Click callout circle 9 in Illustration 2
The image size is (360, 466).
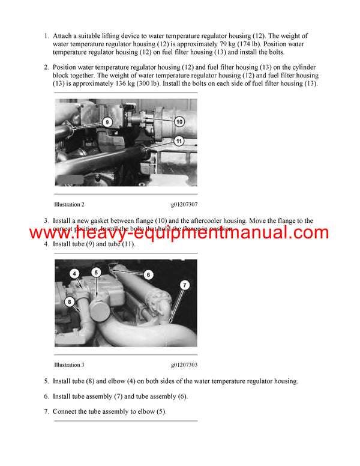click(107, 122)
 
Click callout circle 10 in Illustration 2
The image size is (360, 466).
click(179, 121)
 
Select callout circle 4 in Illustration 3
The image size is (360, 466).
click(74, 273)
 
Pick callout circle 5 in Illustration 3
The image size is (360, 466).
click(95, 273)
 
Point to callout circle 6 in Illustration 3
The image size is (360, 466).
click(148, 274)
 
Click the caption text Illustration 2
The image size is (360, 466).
click(69, 205)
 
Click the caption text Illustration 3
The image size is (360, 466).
click(69, 365)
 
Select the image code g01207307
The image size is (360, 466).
click(184, 205)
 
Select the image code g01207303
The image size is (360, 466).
click(184, 365)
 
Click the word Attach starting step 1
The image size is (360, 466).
click(64, 37)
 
